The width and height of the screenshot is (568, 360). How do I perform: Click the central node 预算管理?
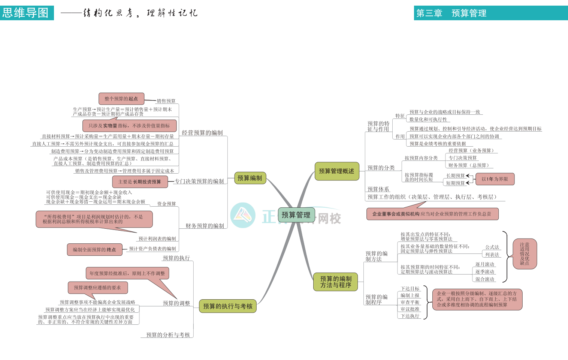pyautogui.click(x=296, y=215)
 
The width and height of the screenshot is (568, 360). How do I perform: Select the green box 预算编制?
pyautogui.click(x=250, y=178)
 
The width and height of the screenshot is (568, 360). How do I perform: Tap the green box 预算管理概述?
pyautogui.click(x=336, y=171)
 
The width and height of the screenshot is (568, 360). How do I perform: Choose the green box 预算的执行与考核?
pyautogui.click(x=227, y=306)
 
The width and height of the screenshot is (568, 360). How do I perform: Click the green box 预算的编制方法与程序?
pyautogui.click(x=336, y=282)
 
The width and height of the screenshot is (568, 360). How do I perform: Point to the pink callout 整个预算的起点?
pyautogui.click(x=121, y=99)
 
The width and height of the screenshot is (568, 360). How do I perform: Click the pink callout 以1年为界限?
pyautogui.click(x=495, y=179)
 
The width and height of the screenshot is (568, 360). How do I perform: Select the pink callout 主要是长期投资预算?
pyautogui.click(x=140, y=181)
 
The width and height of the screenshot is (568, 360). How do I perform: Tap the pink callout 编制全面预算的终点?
pyautogui.click(x=94, y=249)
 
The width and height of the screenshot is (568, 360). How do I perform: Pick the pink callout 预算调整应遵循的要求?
pyautogui.click(x=97, y=288)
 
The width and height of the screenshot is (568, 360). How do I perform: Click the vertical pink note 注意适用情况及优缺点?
pyautogui.click(x=525, y=254)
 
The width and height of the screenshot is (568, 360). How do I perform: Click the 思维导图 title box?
pyautogui.click(x=26, y=13)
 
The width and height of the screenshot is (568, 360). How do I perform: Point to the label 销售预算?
pyautogui.click(x=166, y=101)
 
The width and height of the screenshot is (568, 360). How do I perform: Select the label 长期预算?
pyautogui.click(x=455, y=175)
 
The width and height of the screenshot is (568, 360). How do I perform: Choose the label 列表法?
pyautogui.click(x=492, y=255)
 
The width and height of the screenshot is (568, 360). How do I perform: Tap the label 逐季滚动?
pyautogui.click(x=485, y=271)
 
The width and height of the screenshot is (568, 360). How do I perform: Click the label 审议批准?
pyautogui.click(x=410, y=309)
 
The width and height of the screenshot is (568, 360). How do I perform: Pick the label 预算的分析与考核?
pyautogui.click(x=168, y=335)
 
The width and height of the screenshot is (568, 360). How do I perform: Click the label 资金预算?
pyautogui.click(x=166, y=204)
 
